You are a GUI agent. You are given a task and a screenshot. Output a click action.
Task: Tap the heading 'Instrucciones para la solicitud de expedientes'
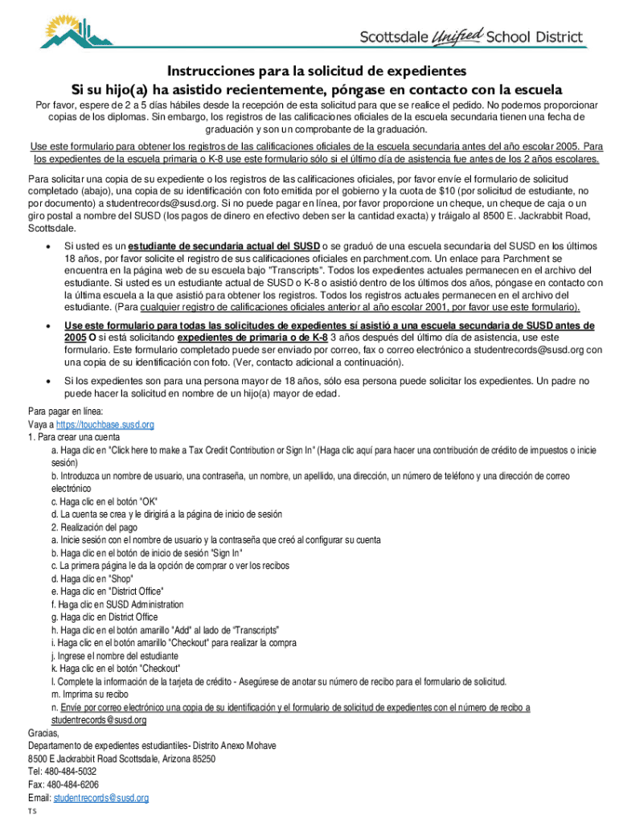pos(316,71)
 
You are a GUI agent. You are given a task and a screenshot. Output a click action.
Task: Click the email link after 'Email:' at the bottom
pos(100,797)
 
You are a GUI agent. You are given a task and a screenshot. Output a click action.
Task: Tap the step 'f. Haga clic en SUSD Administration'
pos(117,604)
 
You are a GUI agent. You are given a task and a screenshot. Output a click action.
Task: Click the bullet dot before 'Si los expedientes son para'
pos(50,380)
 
